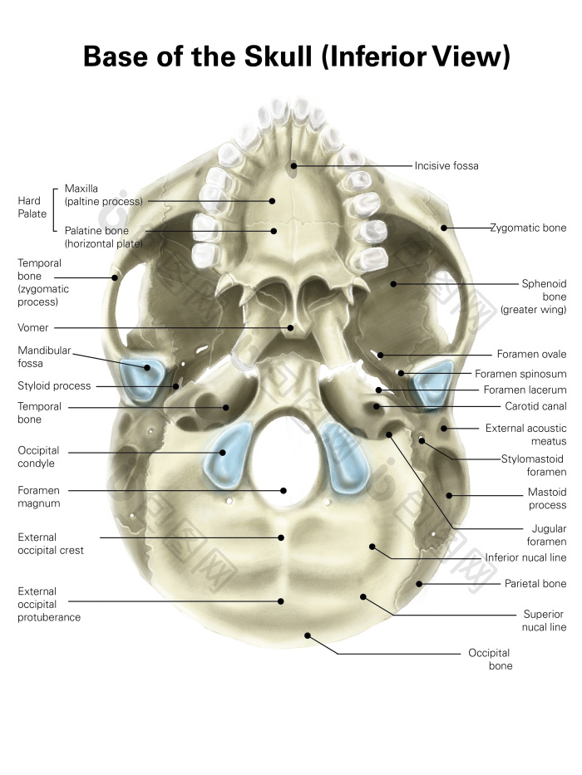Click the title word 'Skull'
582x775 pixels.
click(x=279, y=56)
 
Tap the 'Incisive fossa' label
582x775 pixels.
click(x=446, y=166)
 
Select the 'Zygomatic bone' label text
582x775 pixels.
click(x=528, y=228)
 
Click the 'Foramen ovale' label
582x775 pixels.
click(x=531, y=355)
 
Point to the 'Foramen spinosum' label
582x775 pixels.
click(x=520, y=374)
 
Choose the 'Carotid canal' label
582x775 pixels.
click(x=535, y=406)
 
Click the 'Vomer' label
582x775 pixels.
click(x=33, y=328)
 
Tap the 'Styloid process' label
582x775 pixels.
click(x=54, y=386)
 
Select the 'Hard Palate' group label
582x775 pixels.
click(x=32, y=207)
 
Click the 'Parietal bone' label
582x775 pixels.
click(x=535, y=584)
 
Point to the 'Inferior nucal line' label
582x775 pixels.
click(x=525, y=557)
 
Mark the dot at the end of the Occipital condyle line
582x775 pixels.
click(x=223, y=453)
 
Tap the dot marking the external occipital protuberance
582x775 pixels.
click(x=281, y=601)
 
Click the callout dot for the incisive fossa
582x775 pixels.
click(x=293, y=166)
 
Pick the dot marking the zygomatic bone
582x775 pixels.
click(x=444, y=228)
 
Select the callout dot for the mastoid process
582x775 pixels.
click(x=449, y=495)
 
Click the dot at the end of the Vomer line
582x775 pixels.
click(x=290, y=328)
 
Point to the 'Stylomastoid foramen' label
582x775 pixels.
click(x=534, y=466)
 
